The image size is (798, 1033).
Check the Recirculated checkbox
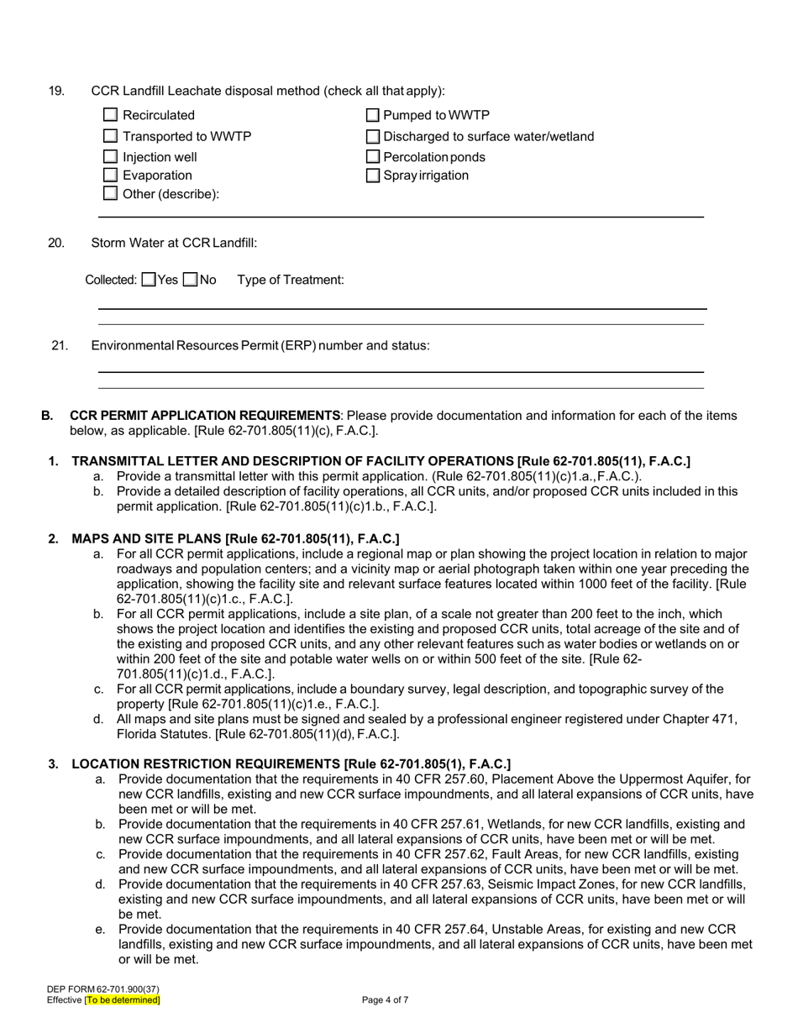tap(110, 115)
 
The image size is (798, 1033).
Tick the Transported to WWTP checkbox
tap(110, 136)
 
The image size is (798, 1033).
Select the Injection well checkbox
tap(110, 156)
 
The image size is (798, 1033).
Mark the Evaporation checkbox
tap(110, 175)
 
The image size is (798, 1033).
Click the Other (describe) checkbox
tap(110, 193)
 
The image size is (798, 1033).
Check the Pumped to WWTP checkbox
tap(373, 115)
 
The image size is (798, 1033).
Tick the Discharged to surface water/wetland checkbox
tap(373, 136)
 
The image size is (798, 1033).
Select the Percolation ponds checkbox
tap(373, 156)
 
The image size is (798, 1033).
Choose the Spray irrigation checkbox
tap(373, 175)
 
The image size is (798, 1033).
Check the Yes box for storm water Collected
tap(149, 280)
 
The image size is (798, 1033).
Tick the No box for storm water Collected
tap(191, 280)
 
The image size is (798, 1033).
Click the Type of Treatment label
tap(291, 280)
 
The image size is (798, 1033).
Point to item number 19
tap(56, 91)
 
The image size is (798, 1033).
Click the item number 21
tap(60, 345)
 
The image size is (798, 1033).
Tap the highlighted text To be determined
tap(122, 1000)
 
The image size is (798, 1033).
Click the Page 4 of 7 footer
tap(386, 1000)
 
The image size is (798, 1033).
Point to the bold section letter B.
tap(47, 415)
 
